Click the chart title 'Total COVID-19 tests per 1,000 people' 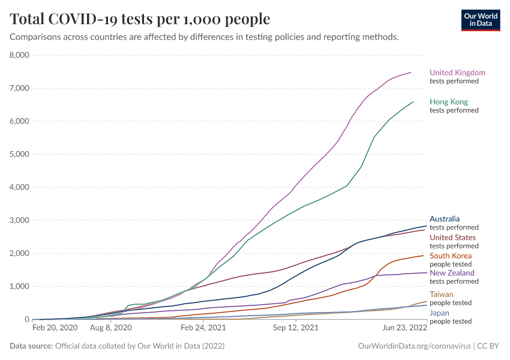140,19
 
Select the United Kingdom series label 457,73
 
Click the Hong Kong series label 449,102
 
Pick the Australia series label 445,219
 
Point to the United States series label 452,238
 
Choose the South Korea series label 451,256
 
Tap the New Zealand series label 452,273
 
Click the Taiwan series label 442,295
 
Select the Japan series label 440,313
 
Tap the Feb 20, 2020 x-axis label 55,329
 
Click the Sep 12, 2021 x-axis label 295,329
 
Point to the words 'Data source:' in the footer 31,346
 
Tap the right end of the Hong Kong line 413,102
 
